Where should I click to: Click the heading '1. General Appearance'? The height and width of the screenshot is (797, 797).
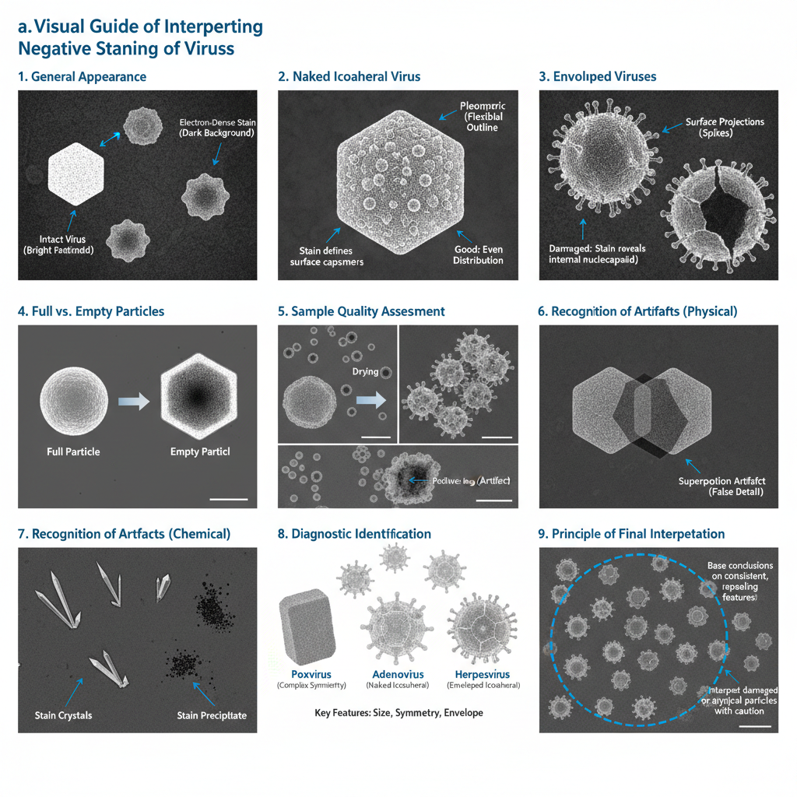[82, 76]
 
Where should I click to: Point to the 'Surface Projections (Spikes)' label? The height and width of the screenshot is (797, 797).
[724, 128]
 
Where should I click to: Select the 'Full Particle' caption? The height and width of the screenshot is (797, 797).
[73, 451]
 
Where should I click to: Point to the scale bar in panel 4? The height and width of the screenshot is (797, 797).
[229, 499]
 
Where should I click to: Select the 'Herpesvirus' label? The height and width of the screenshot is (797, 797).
[482, 673]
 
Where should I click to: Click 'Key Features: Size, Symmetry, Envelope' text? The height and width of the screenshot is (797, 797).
[398, 712]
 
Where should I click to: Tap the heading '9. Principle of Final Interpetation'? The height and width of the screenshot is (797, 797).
[631, 534]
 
